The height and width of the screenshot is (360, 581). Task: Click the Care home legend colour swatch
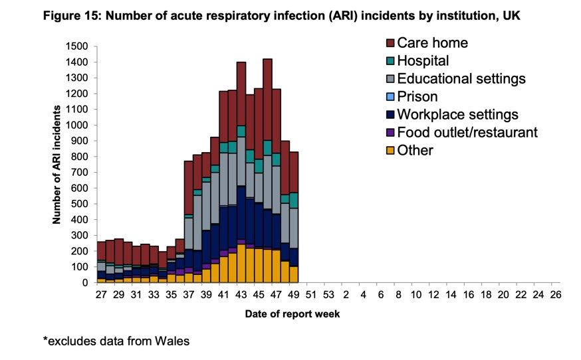click(390, 43)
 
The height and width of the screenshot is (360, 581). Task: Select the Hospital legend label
click(423, 61)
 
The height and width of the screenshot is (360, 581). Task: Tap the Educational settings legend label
click(461, 79)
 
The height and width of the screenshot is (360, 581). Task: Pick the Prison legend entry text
click(417, 97)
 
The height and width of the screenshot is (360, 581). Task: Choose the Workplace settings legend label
click(457, 115)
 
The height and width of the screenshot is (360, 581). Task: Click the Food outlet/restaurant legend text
click(467, 133)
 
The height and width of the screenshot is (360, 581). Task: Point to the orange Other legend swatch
click(390, 151)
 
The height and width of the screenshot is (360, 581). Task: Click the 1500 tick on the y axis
click(78, 46)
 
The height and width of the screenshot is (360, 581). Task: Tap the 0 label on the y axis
click(85, 282)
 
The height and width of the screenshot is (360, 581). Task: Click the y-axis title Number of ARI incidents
click(58, 163)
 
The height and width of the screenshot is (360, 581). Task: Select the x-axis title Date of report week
click(292, 314)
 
